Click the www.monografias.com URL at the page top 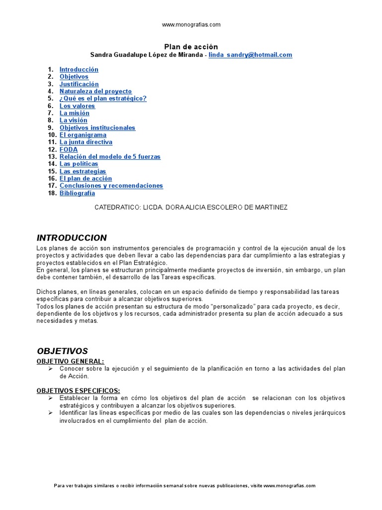[x=191, y=24]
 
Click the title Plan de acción [x=191, y=47]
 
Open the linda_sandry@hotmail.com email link [x=250, y=55]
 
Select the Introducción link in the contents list [x=79, y=70]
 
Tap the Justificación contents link [x=79, y=84]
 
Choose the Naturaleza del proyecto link [x=95, y=92]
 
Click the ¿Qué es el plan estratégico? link [x=103, y=99]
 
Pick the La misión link [x=75, y=113]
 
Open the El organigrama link [x=83, y=135]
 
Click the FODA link [x=69, y=149]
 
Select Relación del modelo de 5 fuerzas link [x=110, y=157]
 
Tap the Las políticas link [x=79, y=164]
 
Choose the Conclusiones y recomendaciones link [x=111, y=186]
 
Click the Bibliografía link [x=77, y=193]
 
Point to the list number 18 [x=52, y=193]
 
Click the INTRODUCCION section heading [x=72, y=238]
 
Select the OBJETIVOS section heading [x=62, y=351]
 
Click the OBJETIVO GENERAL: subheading [x=70, y=361]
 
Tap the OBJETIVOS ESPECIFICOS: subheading [x=78, y=390]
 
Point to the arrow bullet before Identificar [x=51, y=413]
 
